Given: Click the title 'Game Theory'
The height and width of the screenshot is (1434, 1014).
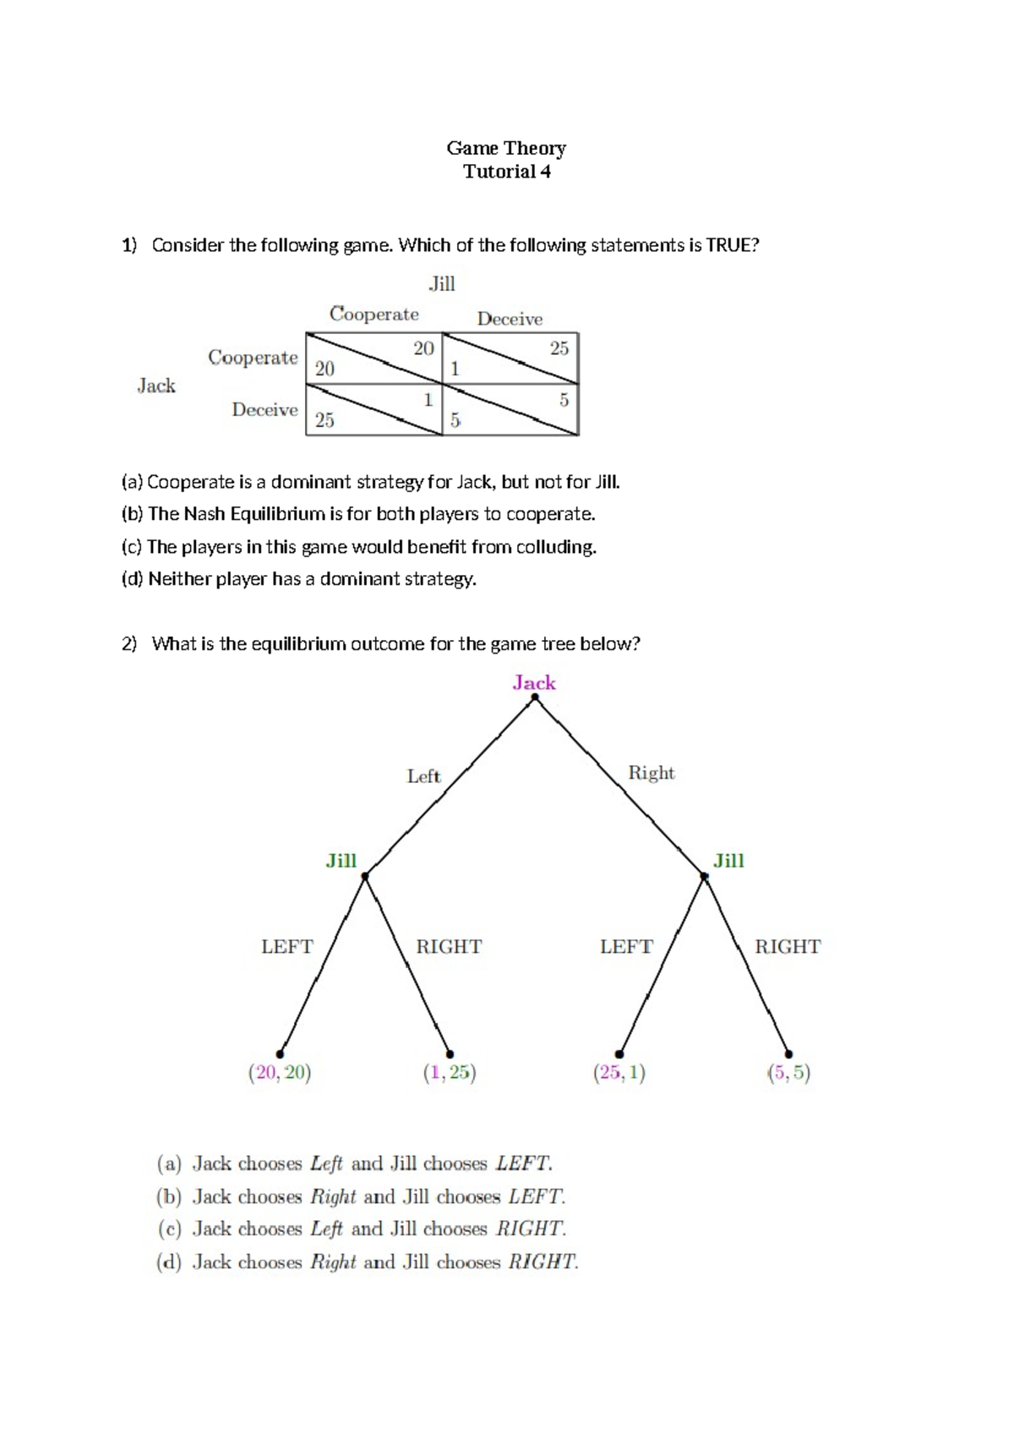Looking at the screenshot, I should pyautogui.click(x=506, y=149).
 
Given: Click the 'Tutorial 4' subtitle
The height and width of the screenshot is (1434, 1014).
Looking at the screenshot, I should pyautogui.click(x=506, y=172).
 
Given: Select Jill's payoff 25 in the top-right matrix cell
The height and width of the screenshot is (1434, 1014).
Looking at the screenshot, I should pyautogui.click(x=559, y=348).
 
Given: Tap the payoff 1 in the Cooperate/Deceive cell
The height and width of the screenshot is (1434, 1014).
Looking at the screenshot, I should pyautogui.click(x=455, y=369).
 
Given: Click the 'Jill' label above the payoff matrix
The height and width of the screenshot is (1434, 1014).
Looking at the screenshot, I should pyautogui.click(x=442, y=284).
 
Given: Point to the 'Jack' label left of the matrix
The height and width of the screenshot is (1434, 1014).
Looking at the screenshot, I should pyautogui.click(x=156, y=386).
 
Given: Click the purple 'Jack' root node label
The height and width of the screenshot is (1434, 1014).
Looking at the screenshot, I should pyautogui.click(x=534, y=683).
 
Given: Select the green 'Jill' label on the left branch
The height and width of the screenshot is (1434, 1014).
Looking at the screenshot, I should pyautogui.click(x=341, y=861).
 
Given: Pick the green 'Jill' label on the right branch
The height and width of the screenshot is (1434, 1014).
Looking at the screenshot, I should pyautogui.click(x=728, y=861).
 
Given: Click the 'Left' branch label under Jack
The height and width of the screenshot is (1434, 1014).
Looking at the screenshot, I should pyautogui.click(x=423, y=776).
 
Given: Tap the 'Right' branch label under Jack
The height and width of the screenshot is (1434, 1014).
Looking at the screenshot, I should pyautogui.click(x=651, y=773).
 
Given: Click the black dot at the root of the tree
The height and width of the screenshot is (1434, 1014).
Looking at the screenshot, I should pyautogui.click(x=535, y=698).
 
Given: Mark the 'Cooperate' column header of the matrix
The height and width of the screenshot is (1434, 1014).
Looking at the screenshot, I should pyautogui.click(x=374, y=315).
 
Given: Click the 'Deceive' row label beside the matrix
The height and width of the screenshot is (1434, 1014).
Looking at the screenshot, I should pyautogui.click(x=264, y=410).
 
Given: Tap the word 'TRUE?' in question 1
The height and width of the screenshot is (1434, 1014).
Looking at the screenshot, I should pyautogui.click(x=733, y=245).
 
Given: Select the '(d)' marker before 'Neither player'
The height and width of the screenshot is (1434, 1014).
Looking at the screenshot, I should pyautogui.click(x=132, y=579).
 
